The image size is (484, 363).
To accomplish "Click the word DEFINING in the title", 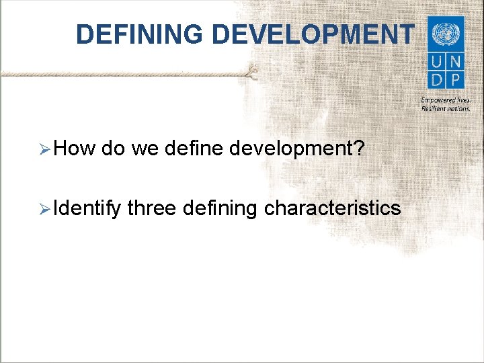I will coord(138,34).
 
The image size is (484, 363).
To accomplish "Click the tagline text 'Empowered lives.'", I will coord(445,99).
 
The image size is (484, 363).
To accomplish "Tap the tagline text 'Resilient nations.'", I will coord(445,108).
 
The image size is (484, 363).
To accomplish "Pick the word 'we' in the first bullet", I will coord(144,148).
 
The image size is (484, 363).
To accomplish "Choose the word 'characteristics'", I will coord(332,209).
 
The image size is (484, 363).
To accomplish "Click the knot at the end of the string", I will coord(251,71).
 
